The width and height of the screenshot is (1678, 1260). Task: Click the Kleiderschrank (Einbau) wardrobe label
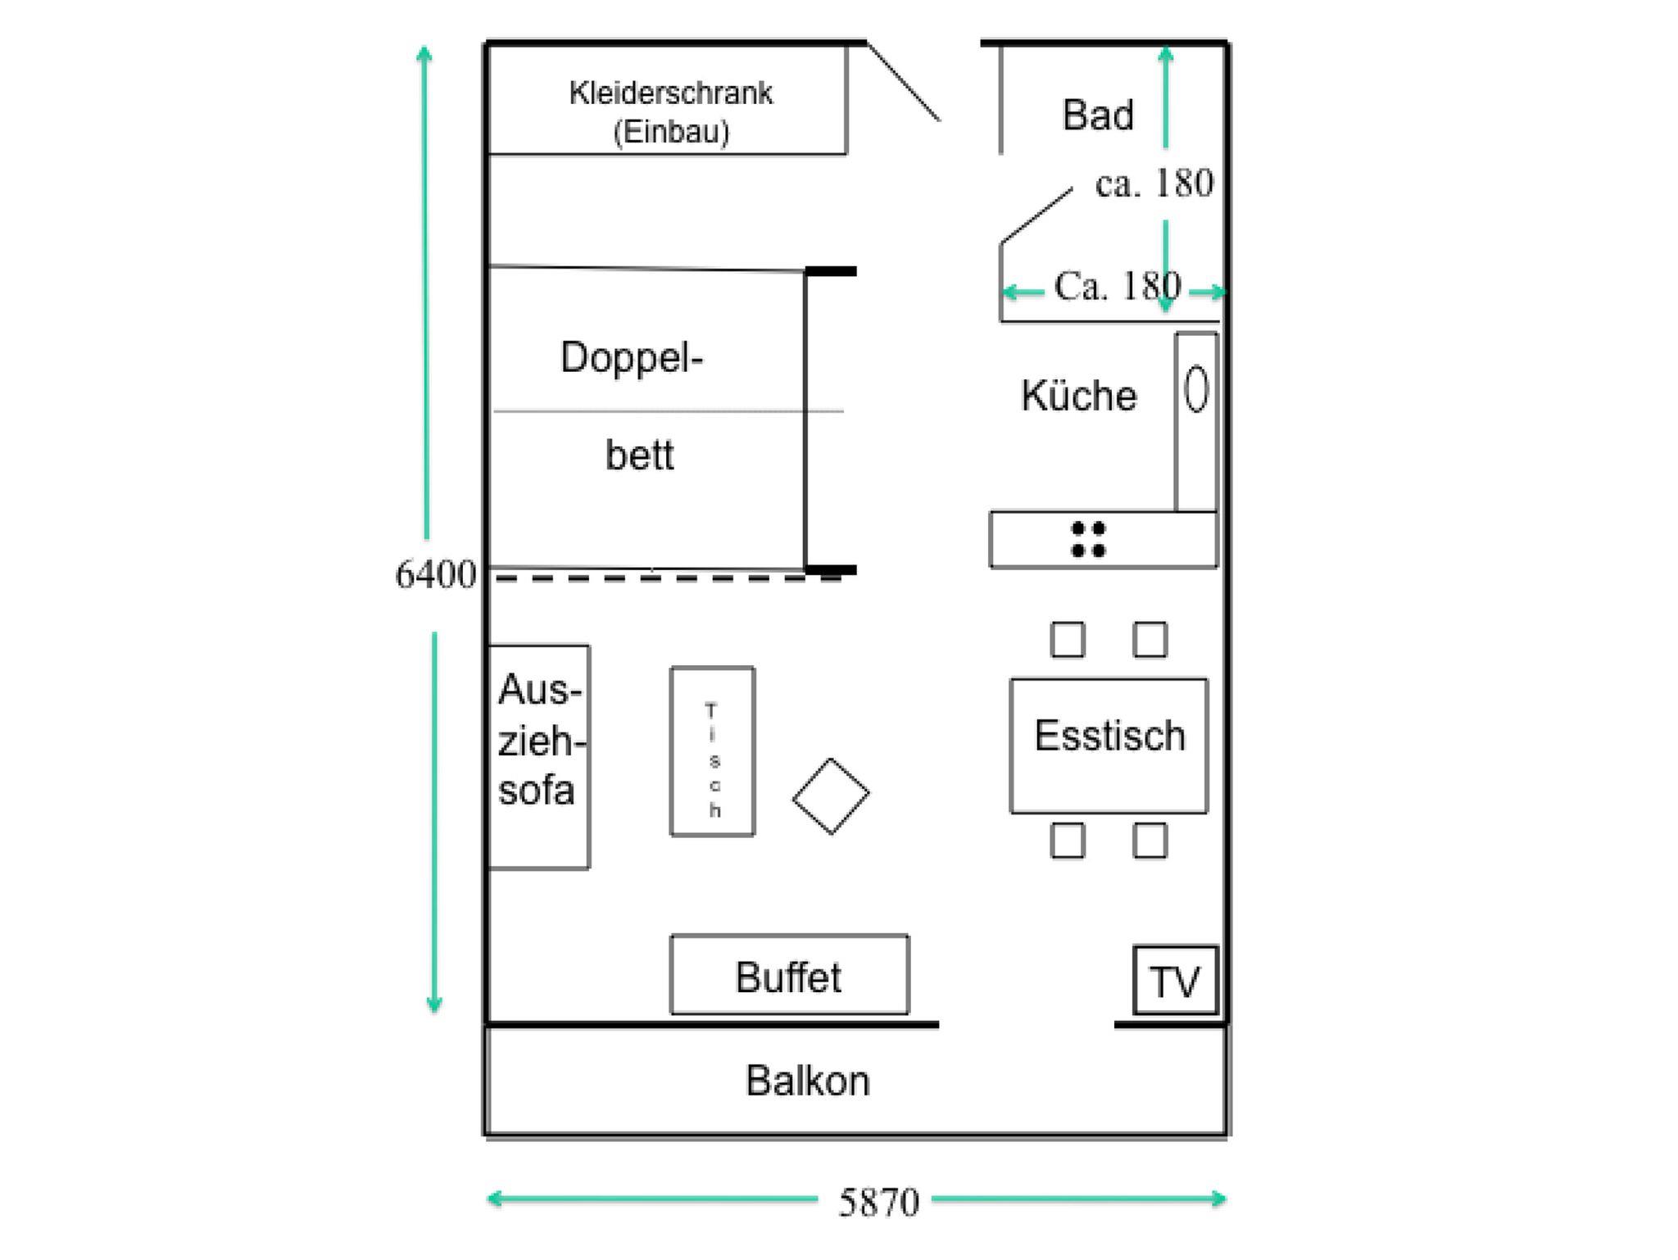click(670, 111)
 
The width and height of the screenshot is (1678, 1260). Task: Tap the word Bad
click(1097, 115)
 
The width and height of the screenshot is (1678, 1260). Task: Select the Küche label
click(1078, 396)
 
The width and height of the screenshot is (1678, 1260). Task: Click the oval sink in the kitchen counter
click(1196, 388)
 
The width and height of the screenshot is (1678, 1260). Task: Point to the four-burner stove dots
click(1088, 539)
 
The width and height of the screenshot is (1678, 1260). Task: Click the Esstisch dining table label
click(1109, 736)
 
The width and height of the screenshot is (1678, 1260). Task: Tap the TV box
click(1175, 981)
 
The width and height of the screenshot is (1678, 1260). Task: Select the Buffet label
click(788, 977)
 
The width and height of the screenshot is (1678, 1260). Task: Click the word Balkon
click(807, 1081)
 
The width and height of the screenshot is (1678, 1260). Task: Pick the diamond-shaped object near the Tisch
click(831, 796)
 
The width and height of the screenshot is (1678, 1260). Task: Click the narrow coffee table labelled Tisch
click(713, 752)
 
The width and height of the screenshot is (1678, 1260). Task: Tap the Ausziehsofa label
click(538, 741)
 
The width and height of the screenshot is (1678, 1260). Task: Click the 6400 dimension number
click(435, 574)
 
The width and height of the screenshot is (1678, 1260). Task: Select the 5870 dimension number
click(878, 1203)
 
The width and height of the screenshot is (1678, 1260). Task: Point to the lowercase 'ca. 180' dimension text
click(1154, 184)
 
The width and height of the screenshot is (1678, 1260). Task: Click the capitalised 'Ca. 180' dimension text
click(1117, 286)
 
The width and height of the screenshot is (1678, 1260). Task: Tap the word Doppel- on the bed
click(631, 357)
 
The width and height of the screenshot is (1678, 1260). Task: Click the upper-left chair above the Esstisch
click(1068, 640)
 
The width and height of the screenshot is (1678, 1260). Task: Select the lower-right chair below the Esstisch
click(1150, 841)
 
